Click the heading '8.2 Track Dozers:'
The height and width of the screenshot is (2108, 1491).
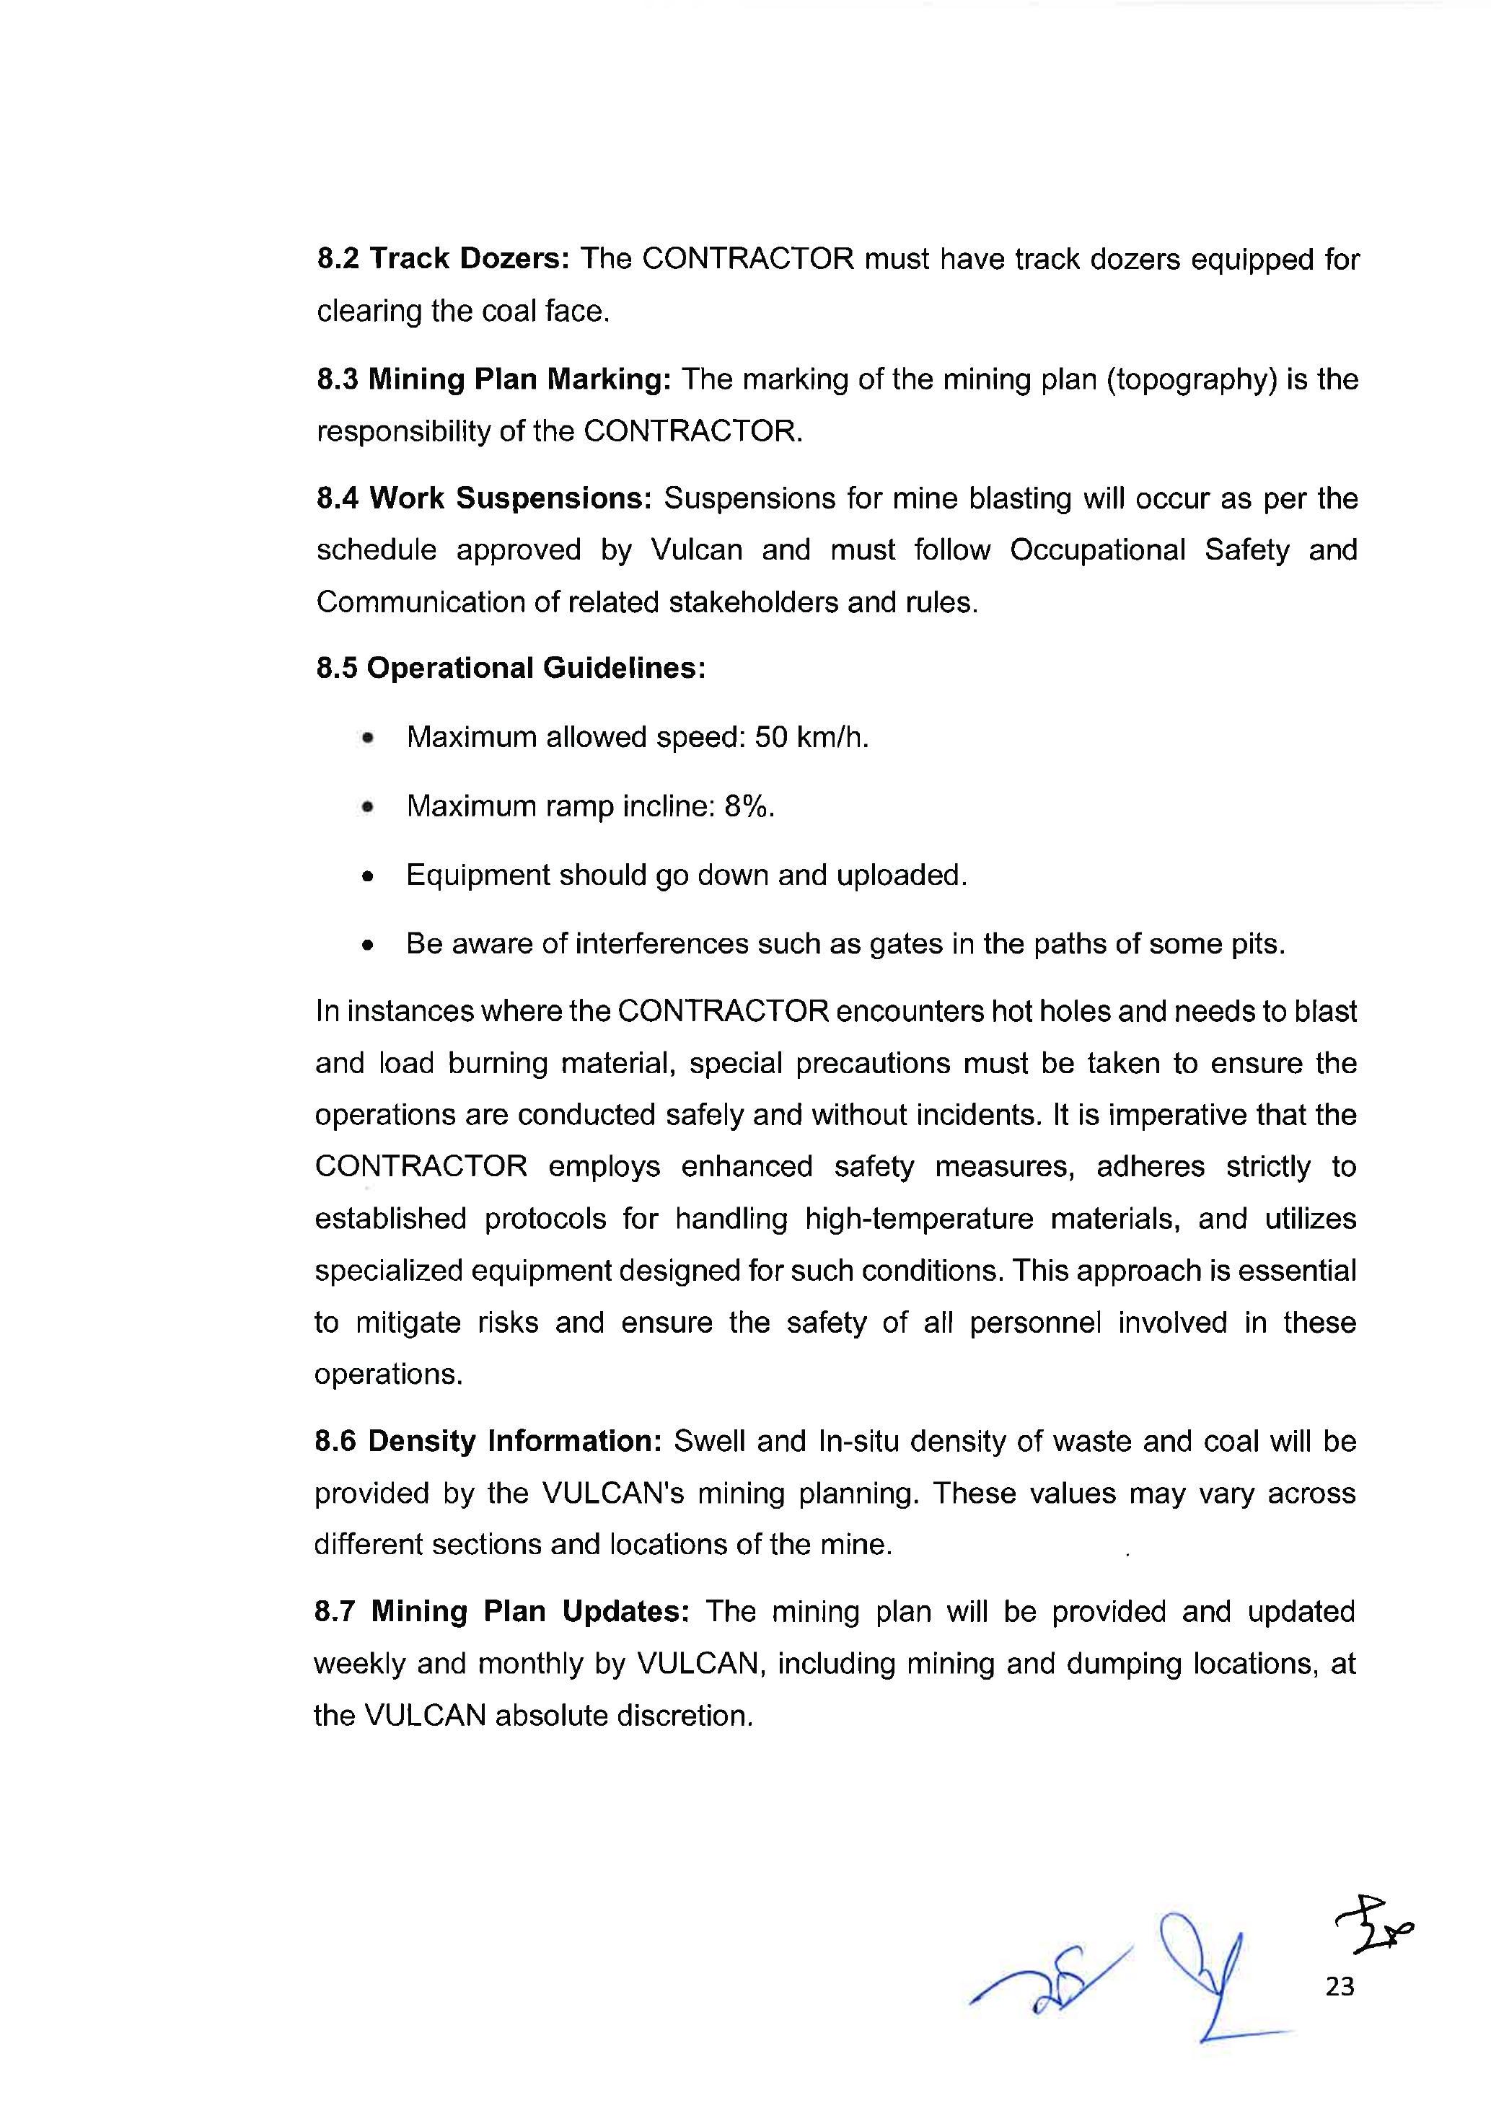coord(444,260)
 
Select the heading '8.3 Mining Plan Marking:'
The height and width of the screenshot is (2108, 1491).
coord(494,379)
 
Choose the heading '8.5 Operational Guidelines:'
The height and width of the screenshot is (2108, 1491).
coord(511,668)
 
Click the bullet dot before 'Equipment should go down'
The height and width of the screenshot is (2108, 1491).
coord(368,877)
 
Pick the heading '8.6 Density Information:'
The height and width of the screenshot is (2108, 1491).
coord(488,1442)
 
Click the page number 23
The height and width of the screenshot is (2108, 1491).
coord(1340,1987)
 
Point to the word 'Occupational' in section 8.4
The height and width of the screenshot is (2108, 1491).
coord(1097,550)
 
